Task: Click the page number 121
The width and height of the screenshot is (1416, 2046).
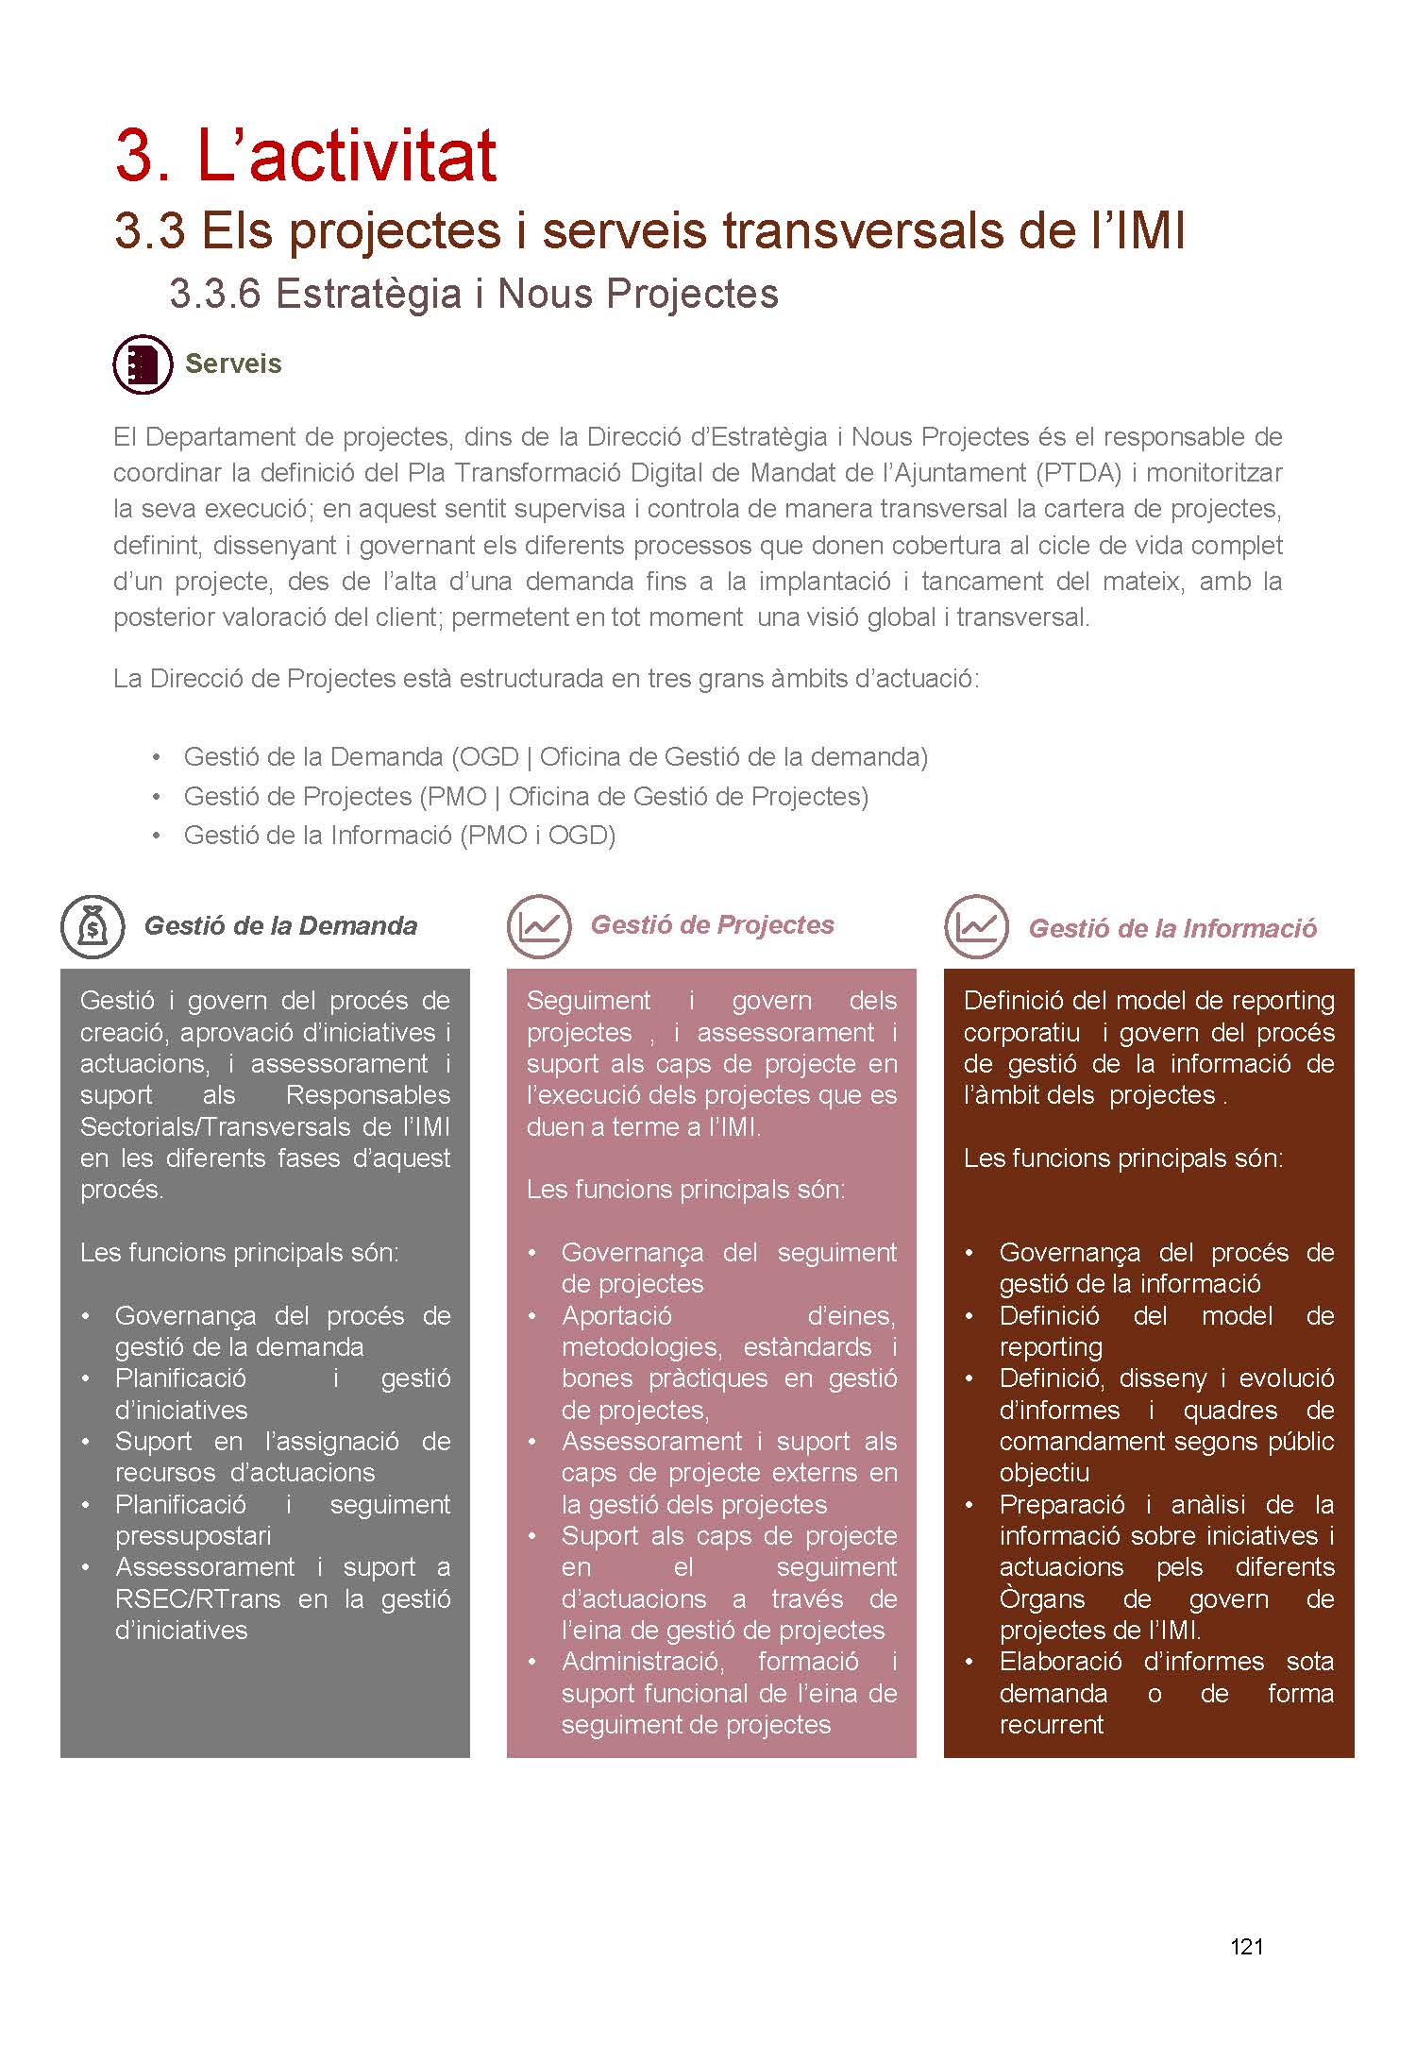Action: tap(1246, 1946)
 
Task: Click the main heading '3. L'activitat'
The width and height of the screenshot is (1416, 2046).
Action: tap(306, 155)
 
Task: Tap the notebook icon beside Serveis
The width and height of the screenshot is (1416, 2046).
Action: tap(143, 364)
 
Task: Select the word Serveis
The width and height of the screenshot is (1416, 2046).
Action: tap(233, 364)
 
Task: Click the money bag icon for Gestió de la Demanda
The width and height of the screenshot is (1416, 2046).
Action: tap(93, 926)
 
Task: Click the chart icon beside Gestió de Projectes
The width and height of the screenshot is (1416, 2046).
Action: tap(539, 926)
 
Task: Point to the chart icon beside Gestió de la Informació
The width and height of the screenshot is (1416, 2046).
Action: tap(976, 926)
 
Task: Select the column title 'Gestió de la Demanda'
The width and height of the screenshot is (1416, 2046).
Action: tap(280, 925)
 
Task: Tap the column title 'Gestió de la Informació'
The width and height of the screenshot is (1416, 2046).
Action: tap(1172, 928)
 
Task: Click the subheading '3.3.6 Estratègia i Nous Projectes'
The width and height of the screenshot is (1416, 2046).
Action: tap(474, 294)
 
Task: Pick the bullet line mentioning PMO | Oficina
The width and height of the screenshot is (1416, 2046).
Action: tap(526, 796)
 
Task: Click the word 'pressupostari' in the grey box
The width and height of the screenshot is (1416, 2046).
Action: tap(194, 1536)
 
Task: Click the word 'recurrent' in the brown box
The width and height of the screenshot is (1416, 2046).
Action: tap(1051, 1724)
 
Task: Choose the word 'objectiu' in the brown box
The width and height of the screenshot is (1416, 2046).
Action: tap(1044, 1472)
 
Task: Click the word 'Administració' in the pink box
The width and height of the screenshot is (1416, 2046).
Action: tap(644, 1661)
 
